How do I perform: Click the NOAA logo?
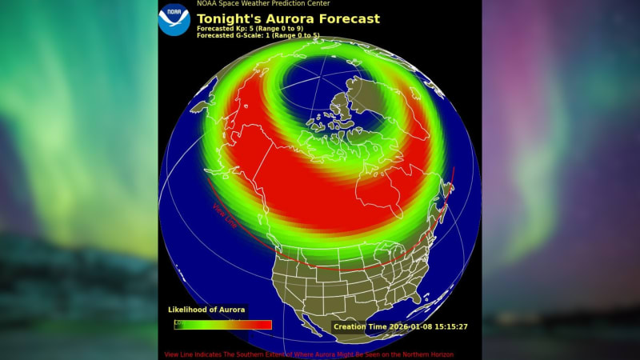pos(174,20)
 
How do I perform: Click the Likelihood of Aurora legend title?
pos(207,310)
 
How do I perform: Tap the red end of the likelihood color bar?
pos(262,325)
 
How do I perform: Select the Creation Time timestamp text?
pos(400,326)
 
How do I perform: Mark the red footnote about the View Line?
pos(309,354)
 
